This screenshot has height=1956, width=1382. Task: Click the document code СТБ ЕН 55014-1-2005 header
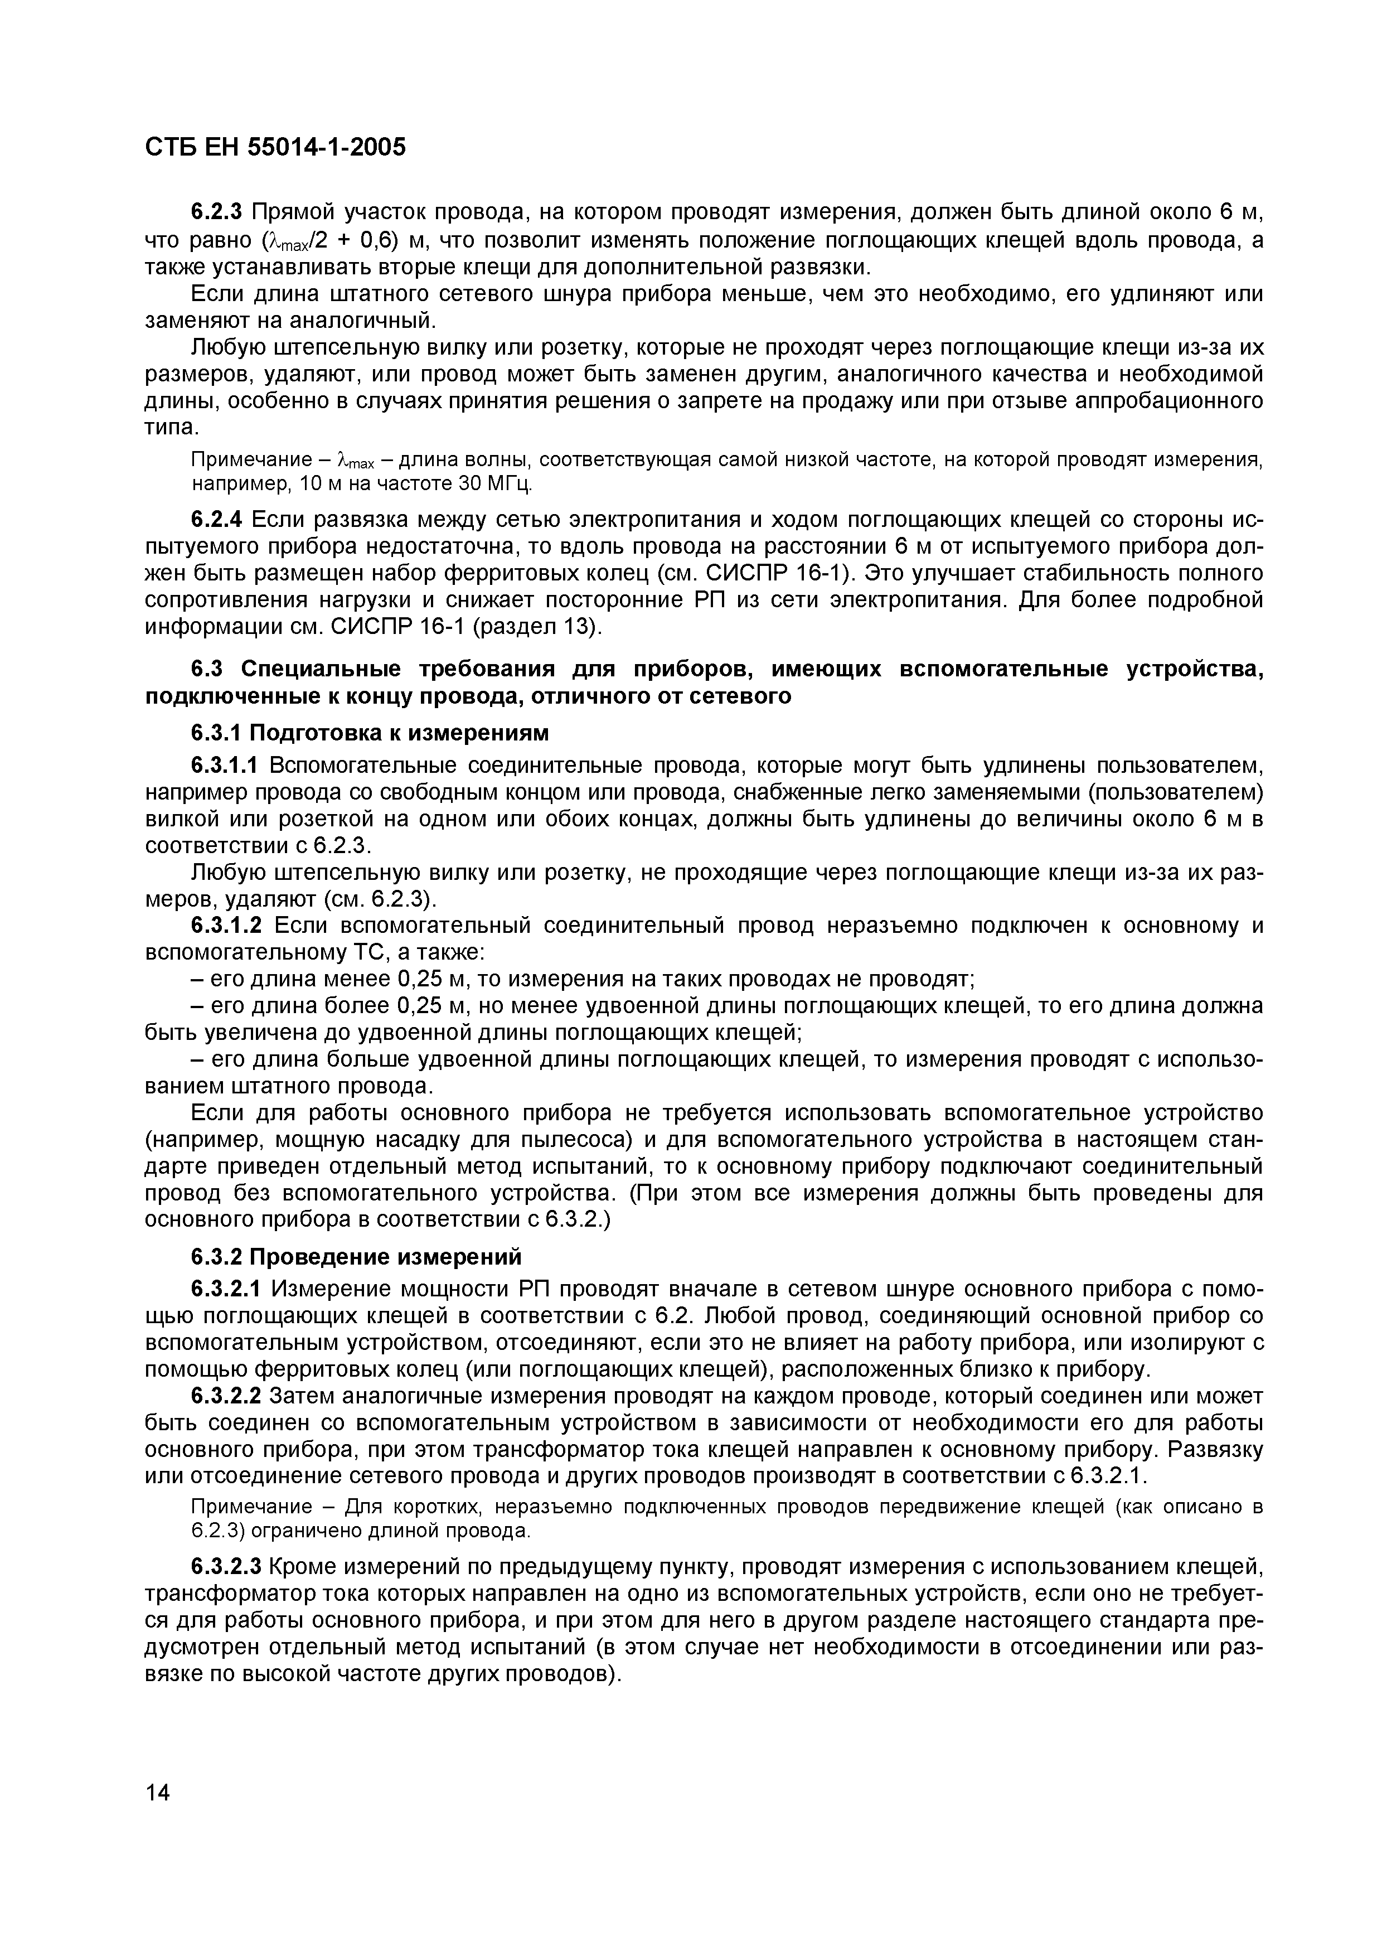click(x=275, y=147)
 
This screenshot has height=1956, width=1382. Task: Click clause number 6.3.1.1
click(x=226, y=765)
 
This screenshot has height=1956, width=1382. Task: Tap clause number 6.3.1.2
click(x=226, y=924)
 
